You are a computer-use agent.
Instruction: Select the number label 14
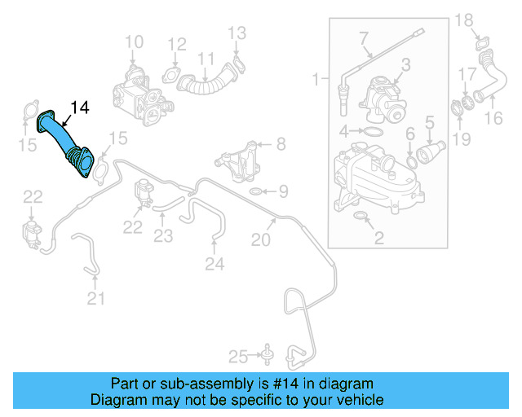pos(81,107)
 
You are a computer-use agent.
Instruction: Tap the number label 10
pos(133,42)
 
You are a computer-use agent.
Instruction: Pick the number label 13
pos(236,33)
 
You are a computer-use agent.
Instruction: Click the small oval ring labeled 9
pos(254,192)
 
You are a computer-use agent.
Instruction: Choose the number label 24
pos(215,264)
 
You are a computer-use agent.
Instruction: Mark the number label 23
pos(164,236)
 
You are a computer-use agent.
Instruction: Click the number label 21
pos(96,300)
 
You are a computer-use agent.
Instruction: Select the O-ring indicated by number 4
pos(371,131)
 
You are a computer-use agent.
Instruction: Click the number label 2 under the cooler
pos(378,239)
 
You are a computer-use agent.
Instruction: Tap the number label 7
pos(364,37)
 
